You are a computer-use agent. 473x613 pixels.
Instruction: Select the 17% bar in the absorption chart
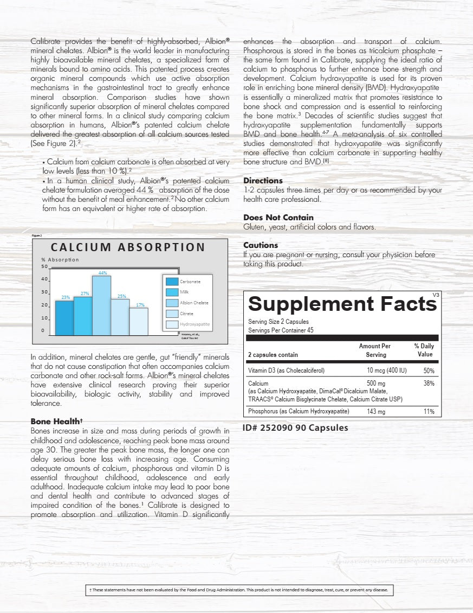[139, 321]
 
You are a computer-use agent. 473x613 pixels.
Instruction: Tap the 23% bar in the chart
[64, 317]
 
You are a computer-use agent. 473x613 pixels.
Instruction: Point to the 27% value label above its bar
[85, 293]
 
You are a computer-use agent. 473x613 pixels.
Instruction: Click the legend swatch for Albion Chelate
[172, 303]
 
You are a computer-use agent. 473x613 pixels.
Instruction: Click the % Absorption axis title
[60, 259]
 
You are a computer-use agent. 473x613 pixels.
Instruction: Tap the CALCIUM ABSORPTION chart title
[128, 247]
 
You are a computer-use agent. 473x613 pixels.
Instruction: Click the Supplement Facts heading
[342, 303]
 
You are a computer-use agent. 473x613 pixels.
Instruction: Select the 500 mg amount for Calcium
[375, 384]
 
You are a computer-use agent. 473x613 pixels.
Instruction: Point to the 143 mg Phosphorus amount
[375, 412]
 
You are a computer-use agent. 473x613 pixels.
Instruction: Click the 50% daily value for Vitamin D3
[428, 371]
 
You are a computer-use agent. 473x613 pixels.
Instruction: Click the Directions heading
[263, 181]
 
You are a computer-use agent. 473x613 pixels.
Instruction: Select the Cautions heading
[261, 245]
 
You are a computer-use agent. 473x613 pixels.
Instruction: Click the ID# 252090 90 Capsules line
[296, 427]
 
